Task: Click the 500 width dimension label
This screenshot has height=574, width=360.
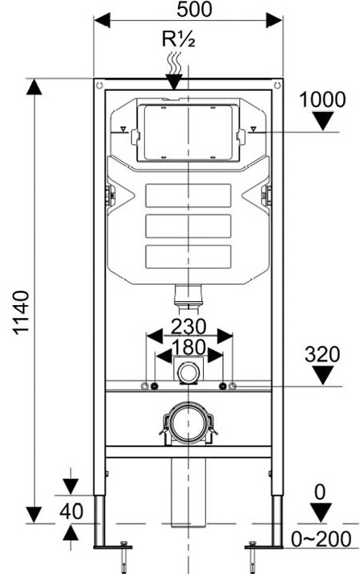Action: point(194,9)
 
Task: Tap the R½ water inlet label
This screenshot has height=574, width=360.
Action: point(178,39)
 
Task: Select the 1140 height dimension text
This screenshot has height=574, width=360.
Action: point(22,312)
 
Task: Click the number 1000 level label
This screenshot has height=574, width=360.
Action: point(322,100)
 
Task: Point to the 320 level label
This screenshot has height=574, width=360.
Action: point(322,354)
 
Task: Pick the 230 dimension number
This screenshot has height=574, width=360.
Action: point(189,327)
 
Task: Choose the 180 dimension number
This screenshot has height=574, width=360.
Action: point(189,348)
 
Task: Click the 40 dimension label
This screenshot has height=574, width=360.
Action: point(71,511)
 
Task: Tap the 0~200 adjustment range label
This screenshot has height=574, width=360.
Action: point(321,539)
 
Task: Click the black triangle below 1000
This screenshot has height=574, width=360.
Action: point(323,121)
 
